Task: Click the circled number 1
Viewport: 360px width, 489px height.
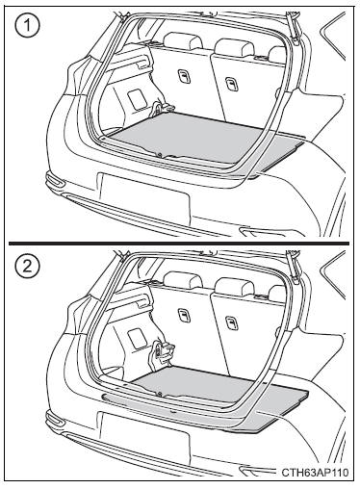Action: (27, 25)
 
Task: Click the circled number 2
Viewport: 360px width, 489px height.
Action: (27, 266)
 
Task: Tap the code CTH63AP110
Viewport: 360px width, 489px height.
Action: (315, 473)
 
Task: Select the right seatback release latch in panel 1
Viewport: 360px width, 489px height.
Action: (231, 84)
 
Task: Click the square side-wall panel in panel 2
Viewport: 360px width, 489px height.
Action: (137, 338)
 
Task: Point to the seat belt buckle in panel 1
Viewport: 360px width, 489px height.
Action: (158, 108)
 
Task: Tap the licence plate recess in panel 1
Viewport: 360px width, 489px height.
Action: (145, 196)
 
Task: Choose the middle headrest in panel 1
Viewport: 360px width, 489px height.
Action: (234, 47)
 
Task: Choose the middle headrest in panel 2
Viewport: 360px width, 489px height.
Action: (234, 287)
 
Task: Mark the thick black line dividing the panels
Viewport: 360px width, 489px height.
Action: (179, 244)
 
